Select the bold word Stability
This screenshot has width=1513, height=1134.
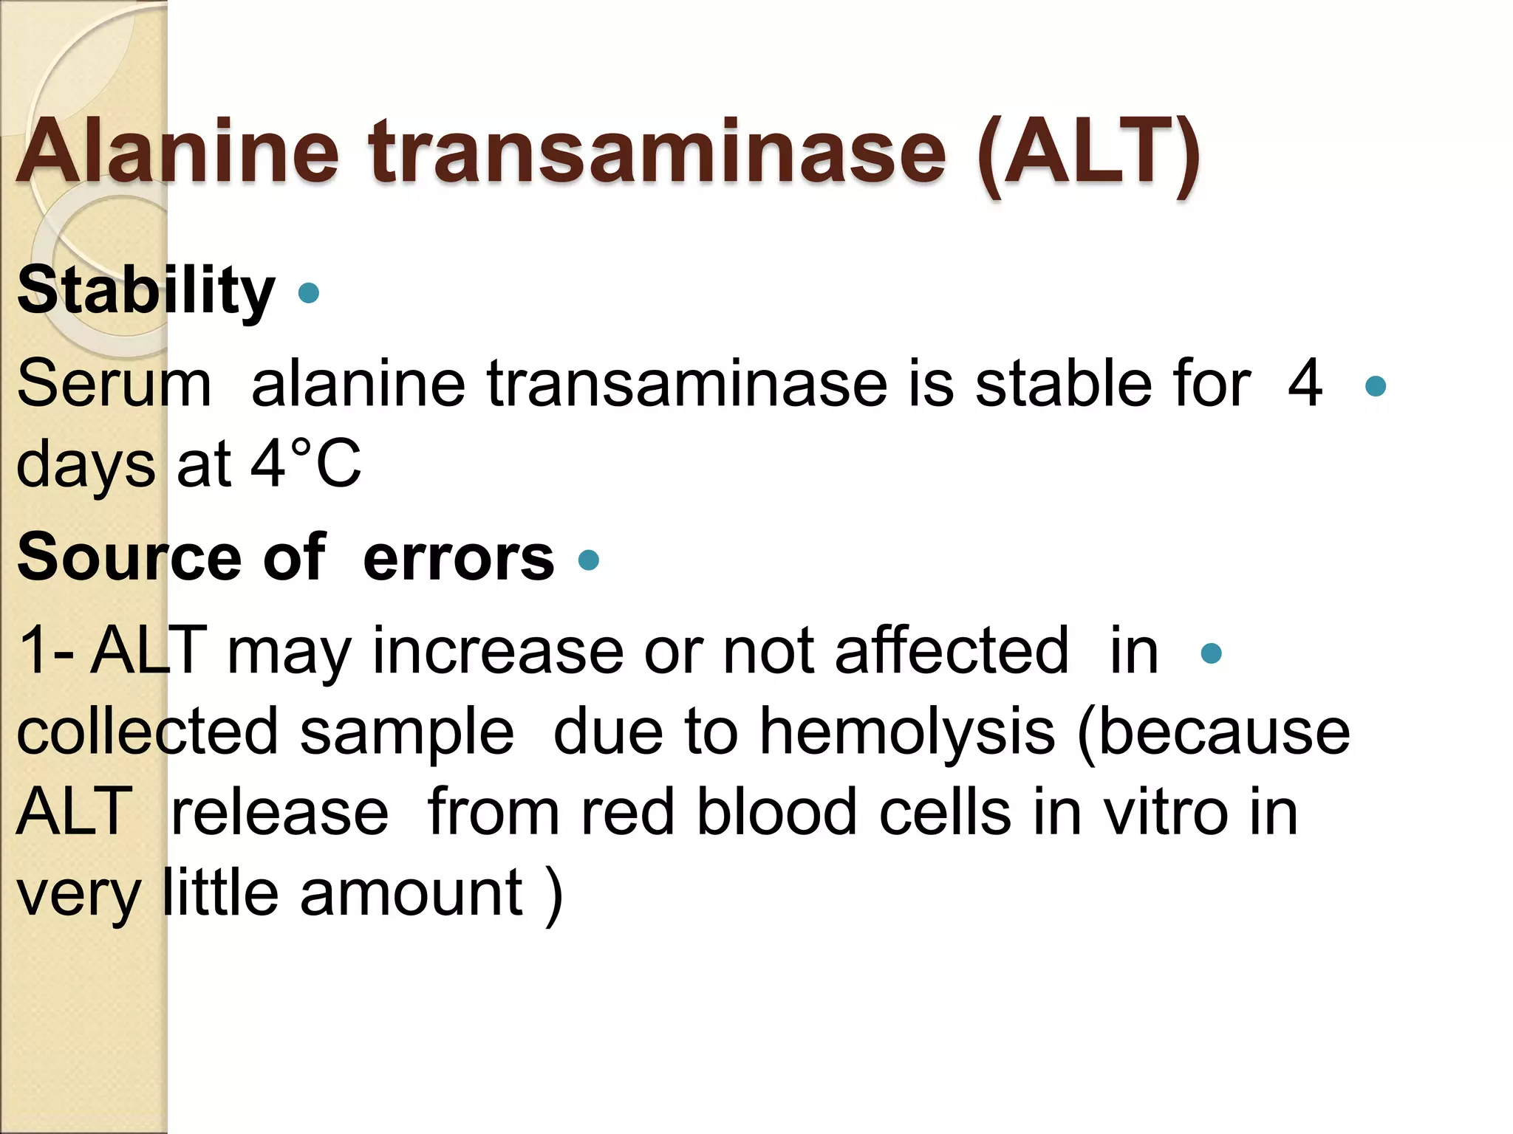pyautogui.click(x=146, y=292)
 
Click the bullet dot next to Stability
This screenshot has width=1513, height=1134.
pyautogui.click(x=308, y=293)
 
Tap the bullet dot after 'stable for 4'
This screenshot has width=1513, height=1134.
pyautogui.click(x=1376, y=386)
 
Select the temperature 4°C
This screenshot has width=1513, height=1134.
pyautogui.click(x=306, y=464)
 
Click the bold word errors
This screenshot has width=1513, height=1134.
pyautogui.click(x=458, y=557)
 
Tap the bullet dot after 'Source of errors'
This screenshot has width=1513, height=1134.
pyautogui.click(x=589, y=560)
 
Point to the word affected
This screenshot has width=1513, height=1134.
pyautogui.click(x=952, y=650)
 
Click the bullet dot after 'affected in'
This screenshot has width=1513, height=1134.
pyautogui.click(x=1212, y=653)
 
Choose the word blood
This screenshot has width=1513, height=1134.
pyautogui.click(x=776, y=812)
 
